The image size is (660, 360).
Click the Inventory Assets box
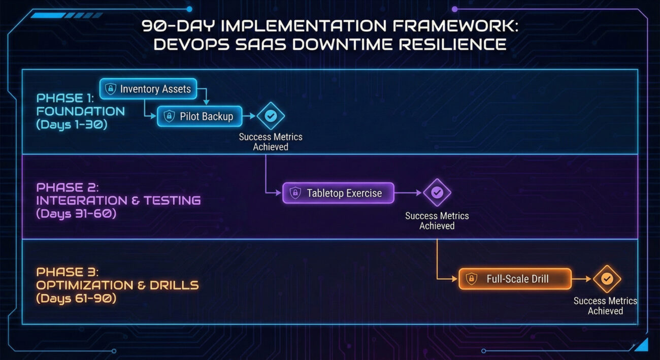click(x=148, y=89)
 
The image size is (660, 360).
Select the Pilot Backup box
click(x=200, y=116)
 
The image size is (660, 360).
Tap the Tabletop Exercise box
click(x=338, y=193)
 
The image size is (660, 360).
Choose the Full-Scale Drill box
click(x=515, y=279)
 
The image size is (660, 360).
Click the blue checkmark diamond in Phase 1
click(x=271, y=116)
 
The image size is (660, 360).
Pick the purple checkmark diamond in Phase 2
click(x=437, y=192)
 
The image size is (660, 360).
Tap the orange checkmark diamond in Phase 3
click(x=607, y=279)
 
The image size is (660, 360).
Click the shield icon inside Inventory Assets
click(x=111, y=89)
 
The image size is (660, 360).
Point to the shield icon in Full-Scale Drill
click(x=471, y=279)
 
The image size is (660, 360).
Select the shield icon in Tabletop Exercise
click(x=295, y=193)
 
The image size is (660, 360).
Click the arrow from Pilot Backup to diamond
click(x=249, y=116)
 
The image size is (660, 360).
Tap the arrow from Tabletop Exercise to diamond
click(x=408, y=192)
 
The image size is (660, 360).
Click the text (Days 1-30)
click(x=72, y=124)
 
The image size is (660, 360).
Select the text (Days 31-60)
click(x=76, y=214)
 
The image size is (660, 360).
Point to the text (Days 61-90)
click(x=76, y=299)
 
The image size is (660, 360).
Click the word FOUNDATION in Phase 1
click(x=80, y=111)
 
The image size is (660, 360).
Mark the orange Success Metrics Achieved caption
click(x=605, y=306)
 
